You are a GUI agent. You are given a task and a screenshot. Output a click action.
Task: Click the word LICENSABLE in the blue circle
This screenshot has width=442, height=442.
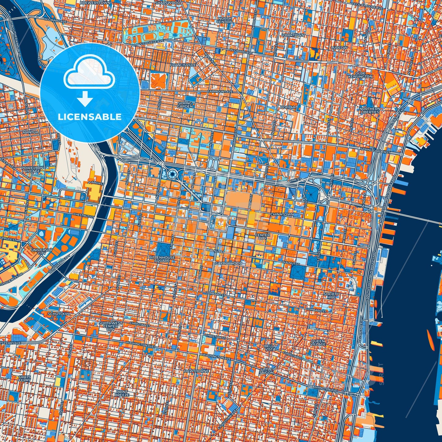(90, 117)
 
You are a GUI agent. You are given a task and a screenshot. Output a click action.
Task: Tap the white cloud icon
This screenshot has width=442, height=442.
(89, 75)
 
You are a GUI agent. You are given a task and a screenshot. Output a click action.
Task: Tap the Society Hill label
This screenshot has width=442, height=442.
(331, 295)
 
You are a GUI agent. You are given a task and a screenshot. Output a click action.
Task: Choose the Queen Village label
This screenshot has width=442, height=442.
(318, 343)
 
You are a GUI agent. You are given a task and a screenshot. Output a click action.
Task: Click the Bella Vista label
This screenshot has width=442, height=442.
(270, 347)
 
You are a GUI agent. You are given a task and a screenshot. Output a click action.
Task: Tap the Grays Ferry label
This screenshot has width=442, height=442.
(24, 378)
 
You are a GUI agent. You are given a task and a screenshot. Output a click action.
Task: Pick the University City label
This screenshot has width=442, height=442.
(42, 251)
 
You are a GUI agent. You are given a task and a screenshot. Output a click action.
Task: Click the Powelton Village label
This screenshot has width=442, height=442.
(32, 169)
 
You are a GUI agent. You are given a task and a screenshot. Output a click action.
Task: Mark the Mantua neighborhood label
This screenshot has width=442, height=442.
(31, 132)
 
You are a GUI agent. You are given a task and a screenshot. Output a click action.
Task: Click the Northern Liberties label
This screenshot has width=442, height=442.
(369, 110)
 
